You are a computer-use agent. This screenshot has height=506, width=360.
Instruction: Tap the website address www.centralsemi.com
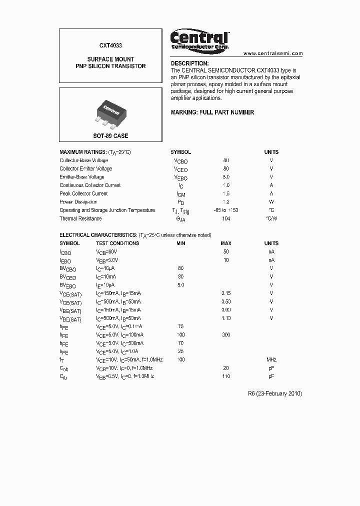coord(273,53)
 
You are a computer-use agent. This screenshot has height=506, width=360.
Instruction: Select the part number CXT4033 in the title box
coord(110,44)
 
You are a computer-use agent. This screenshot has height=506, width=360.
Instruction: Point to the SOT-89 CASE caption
coord(110,136)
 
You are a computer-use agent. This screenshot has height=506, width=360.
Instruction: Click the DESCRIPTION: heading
coord(189,63)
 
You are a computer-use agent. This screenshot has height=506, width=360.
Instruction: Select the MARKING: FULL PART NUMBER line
coord(212,112)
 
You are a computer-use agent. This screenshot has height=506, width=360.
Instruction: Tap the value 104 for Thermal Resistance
coord(226,218)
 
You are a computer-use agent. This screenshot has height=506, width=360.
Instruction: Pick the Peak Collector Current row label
coord(83,193)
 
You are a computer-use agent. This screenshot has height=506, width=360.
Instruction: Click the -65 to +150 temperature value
coord(225,210)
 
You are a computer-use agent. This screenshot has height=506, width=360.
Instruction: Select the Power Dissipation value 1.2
coord(226,202)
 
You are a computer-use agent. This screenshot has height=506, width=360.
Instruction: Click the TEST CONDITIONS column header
coord(117,243)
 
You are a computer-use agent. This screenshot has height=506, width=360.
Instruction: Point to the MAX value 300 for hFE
coord(226,334)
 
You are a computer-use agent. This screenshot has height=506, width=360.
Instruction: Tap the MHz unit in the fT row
coord(271,359)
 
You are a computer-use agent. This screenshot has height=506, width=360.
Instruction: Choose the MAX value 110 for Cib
coord(226,376)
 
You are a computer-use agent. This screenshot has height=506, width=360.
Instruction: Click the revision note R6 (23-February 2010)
coord(274,393)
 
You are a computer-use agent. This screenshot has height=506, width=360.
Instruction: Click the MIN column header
coord(180,243)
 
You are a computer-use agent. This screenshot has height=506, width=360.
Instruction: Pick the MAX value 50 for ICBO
coord(226,252)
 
